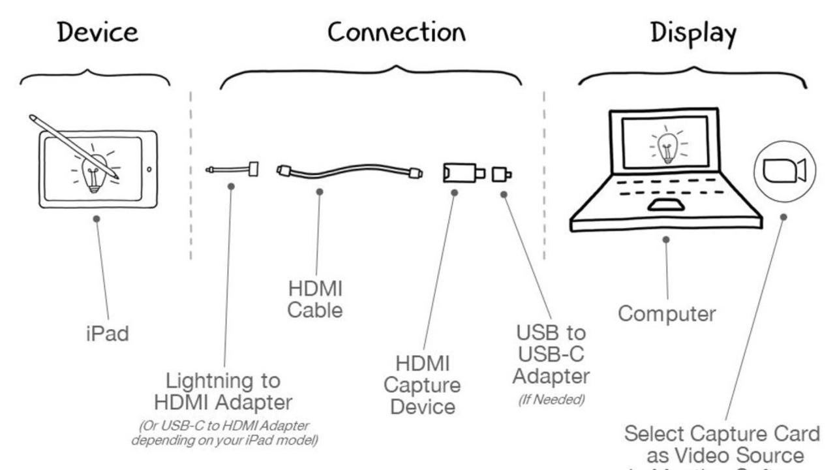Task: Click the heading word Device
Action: point(98,33)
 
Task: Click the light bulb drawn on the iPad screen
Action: point(93,172)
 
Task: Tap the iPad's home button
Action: point(149,169)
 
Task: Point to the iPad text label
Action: point(108,334)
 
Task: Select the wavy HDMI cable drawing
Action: point(349,173)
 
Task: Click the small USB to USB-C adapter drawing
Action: point(501,174)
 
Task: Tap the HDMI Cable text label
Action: point(315,299)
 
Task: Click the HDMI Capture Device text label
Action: point(427,385)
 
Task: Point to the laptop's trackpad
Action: point(665,205)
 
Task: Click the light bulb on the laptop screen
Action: point(666,146)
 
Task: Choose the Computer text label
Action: point(667,313)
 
